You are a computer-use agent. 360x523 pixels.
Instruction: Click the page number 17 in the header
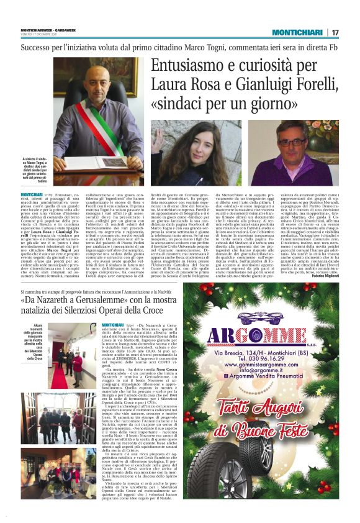335,32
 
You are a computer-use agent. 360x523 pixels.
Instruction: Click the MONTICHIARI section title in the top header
297,32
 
